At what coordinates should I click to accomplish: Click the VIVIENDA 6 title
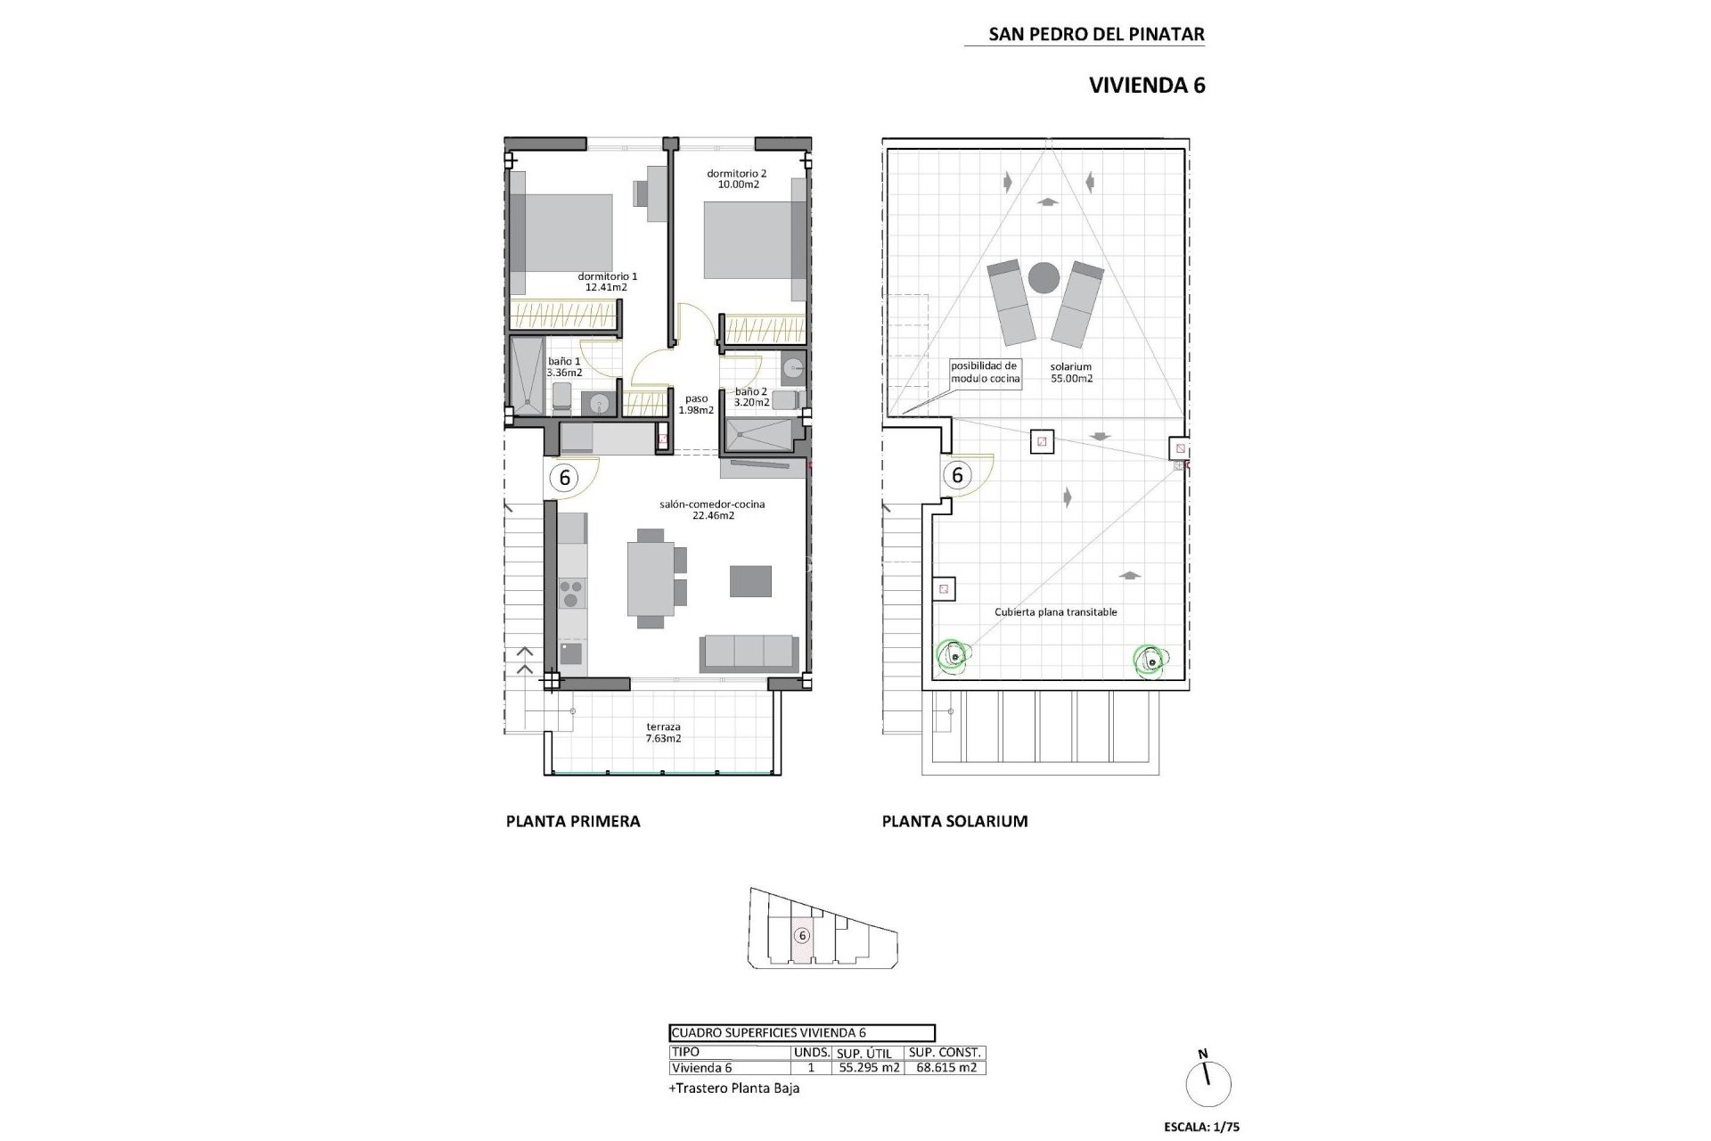[1147, 86]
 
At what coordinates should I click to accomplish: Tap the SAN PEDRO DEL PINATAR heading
[1096, 35]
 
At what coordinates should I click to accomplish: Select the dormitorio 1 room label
[607, 282]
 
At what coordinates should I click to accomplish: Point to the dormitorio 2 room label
[737, 179]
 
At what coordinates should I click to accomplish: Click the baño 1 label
[564, 366]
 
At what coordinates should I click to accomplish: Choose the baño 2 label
[751, 397]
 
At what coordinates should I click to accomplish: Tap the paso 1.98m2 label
[696, 405]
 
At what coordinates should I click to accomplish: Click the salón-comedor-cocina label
[712, 509]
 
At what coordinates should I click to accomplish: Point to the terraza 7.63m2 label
[664, 733]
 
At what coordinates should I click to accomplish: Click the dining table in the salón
[651, 579]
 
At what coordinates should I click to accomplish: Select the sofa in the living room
[749, 653]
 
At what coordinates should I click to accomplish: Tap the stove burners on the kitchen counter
[571, 592]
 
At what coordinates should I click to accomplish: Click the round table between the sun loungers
[1044, 278]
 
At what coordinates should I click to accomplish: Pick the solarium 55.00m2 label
[1071, 372]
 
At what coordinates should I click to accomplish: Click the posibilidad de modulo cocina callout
[984, 372]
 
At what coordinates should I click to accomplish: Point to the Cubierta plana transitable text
[1055, 612]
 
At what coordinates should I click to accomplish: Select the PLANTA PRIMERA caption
[573, 821]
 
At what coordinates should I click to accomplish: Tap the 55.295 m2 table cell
[868, 1067]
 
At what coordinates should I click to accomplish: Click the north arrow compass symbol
[1209, 1084]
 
